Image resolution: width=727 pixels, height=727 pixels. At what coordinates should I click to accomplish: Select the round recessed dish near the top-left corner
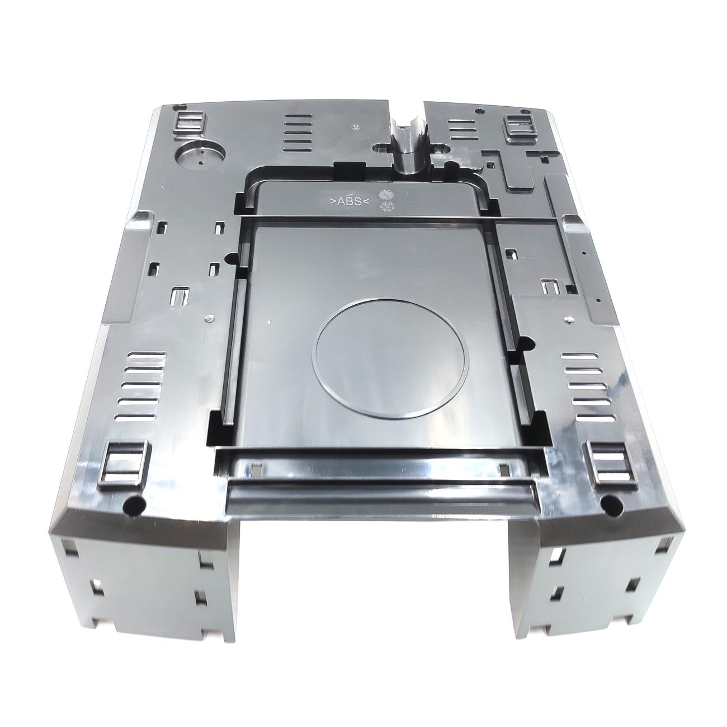coord(199,158)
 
